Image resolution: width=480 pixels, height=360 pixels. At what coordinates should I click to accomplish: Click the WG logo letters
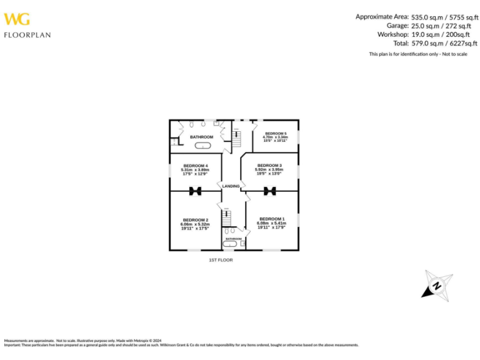click(x=17, y=20)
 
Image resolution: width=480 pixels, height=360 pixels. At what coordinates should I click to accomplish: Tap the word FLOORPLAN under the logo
click(x=27, y=35)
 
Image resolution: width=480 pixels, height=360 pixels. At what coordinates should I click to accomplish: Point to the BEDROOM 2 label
click(x=195, y=220)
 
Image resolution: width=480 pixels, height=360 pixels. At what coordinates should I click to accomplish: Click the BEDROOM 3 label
click(x=269, y=165)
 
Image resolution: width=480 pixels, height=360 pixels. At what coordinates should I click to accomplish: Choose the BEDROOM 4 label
click(x=195, y=166)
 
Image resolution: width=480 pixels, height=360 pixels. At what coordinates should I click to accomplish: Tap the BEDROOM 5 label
click(x=276, y=133)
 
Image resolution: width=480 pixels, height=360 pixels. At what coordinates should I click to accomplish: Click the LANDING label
click(x=231, y=186)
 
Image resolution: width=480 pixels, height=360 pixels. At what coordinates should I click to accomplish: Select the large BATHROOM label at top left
click(x=201, y=137)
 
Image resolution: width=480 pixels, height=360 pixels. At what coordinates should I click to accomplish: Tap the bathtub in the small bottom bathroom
click(x=231, y=244)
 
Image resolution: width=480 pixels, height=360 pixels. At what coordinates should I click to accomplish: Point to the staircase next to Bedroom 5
click(x=237, y=138)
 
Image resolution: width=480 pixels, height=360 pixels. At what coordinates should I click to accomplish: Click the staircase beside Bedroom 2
click(x=227, y=218)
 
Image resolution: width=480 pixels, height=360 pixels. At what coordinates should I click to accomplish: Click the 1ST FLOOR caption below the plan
click(x=221, y=260)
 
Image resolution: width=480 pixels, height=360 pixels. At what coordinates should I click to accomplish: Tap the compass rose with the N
click(x=437, y=285)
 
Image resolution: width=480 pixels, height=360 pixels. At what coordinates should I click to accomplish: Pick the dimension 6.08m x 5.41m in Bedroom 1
click(x=272, y=223)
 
